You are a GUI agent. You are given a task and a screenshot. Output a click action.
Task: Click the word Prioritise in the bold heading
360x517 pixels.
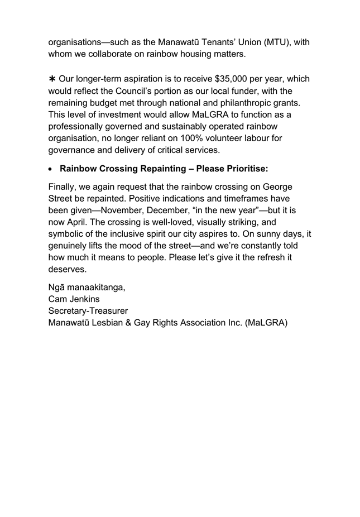pos(243,169)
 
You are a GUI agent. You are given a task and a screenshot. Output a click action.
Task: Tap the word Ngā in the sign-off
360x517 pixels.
pos(57,287)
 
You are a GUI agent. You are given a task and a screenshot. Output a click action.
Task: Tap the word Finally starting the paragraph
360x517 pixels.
pos(64,186)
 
